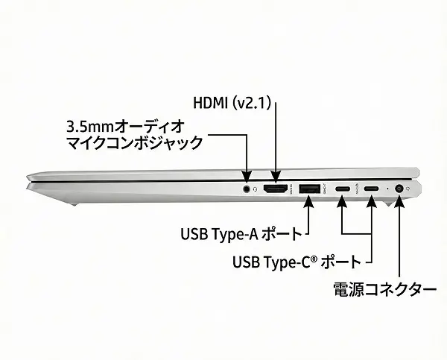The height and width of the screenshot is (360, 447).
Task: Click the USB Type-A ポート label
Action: point(240,233)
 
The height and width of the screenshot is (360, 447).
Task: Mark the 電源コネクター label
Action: point(384,290)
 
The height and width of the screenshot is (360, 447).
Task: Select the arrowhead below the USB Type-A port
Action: point(309,202)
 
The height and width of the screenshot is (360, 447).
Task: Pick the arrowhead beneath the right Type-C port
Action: point(372,201)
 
